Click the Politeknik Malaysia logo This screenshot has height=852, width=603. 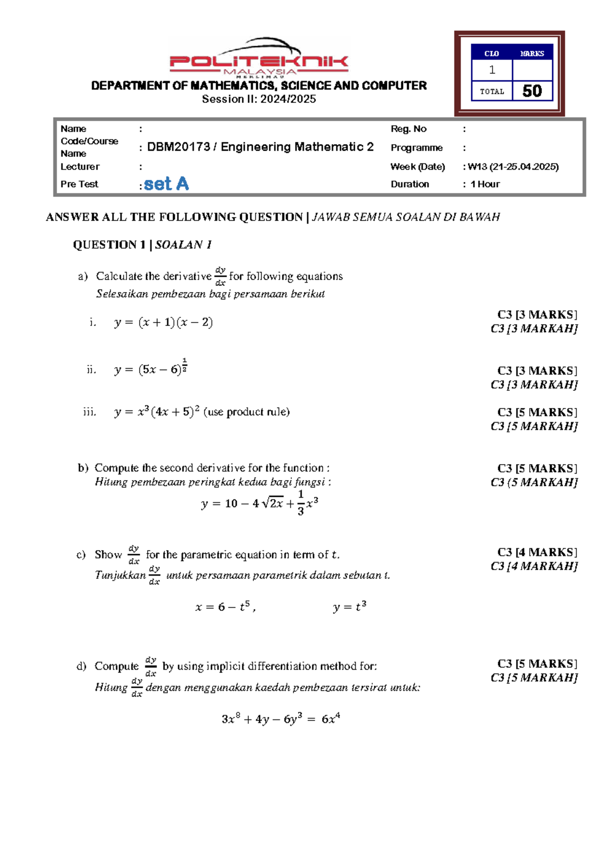[x=259, y=59]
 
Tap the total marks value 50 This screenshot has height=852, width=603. [x=532, y=91]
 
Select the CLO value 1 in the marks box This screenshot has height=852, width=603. [x=492, y=70]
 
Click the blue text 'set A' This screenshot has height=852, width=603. [x=166, y=184]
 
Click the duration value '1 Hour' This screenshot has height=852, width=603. [x=485, y=184]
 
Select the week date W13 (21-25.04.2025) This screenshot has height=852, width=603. [x=513, y=167]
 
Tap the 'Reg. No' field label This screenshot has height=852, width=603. [x=409, y=129]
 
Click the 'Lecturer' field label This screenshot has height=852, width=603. [x=80, y=167]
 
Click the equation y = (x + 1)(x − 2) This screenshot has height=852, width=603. [x=164, y=323]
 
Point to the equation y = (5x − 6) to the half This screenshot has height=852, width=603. [x=151, y=369]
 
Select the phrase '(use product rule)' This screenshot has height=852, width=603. [x=247, y=412]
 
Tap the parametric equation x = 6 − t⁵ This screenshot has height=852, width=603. [x=225, y=607]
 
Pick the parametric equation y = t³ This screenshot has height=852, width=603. [x=349, y=607]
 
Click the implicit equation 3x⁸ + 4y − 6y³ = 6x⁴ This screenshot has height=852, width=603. [x=281, y=719]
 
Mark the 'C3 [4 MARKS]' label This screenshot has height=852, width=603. [x=537, y=553]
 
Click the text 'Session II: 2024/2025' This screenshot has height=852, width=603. [x=259, y=99]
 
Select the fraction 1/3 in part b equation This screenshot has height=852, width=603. [x=300, y=503]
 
